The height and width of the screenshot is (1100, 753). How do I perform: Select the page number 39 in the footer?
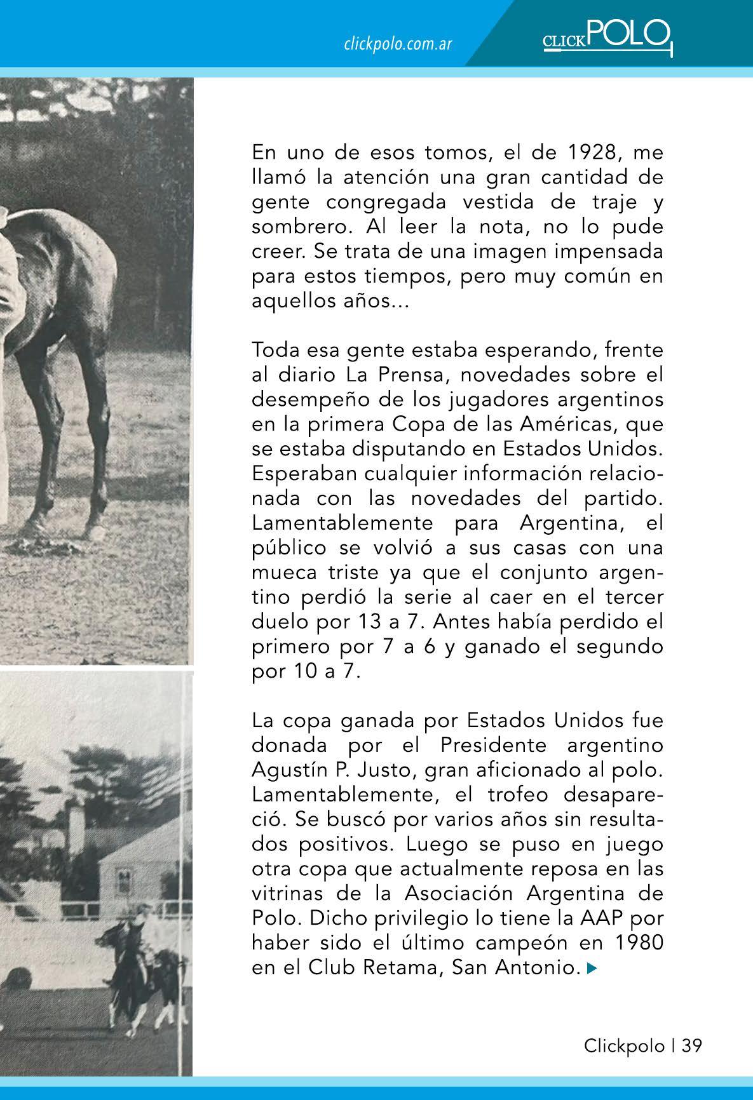692,1045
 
